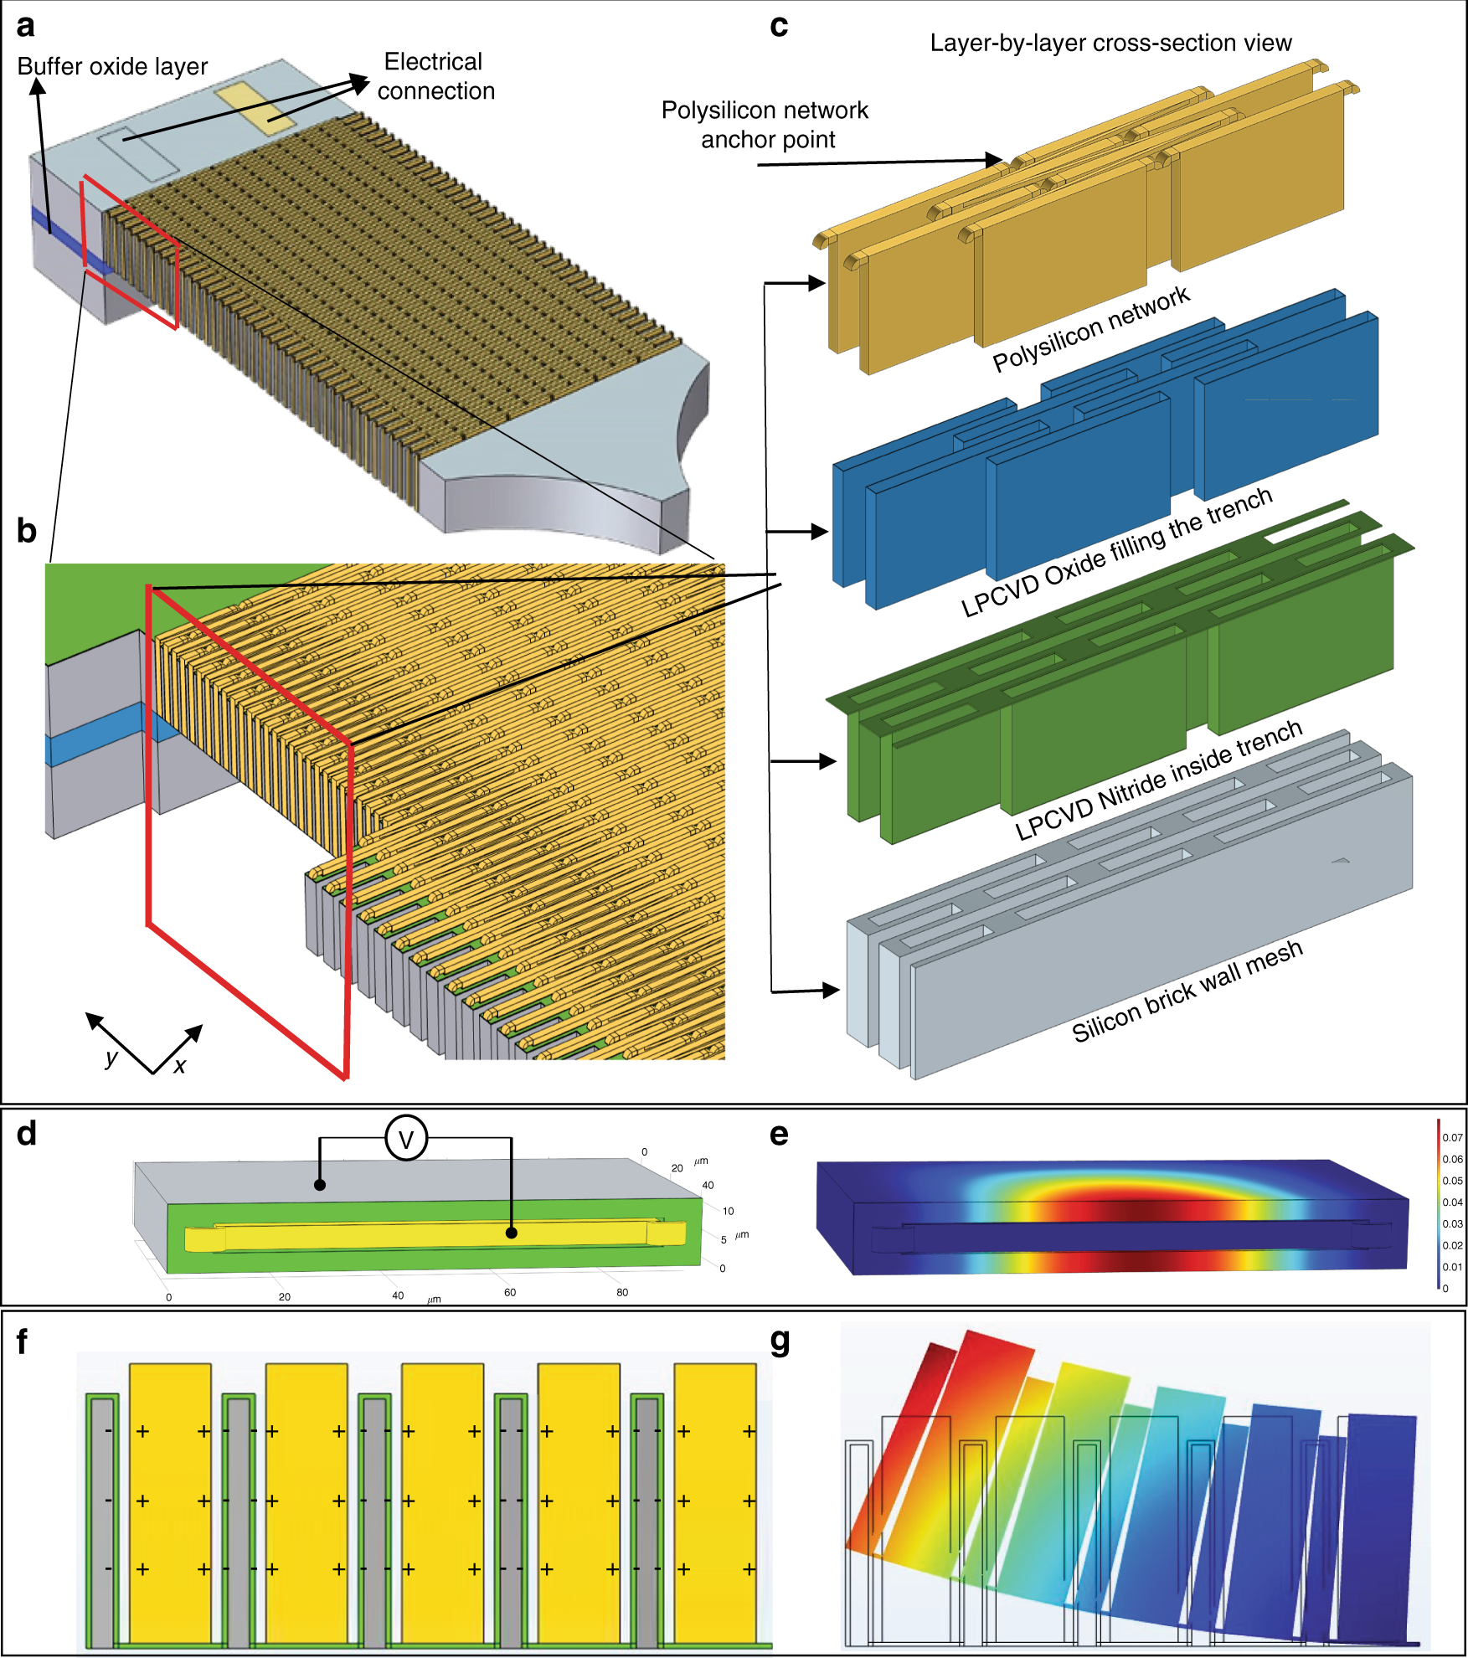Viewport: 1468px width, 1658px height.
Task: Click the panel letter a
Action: click(26, 26)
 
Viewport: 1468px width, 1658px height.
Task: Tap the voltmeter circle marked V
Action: click(406, 1138)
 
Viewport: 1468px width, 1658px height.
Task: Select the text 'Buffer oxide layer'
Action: click(112, 66)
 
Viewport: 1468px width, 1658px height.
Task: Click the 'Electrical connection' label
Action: click(435, 76)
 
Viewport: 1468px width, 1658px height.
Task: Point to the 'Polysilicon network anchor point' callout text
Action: click(765, 125)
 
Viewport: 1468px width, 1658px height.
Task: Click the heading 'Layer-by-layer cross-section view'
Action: click(1110, 43)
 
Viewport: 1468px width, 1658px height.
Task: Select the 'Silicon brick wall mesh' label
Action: click(1187, 991)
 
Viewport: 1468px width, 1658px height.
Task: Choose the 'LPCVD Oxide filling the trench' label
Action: click(1117, 553)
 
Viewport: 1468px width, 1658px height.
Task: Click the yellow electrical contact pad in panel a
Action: click(255, 108)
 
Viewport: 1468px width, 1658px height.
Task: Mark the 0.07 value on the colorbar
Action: click(1452, 1137)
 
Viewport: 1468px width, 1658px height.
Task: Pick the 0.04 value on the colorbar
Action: click(1452, 1202)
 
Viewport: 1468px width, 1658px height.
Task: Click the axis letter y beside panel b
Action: click(111, 1058)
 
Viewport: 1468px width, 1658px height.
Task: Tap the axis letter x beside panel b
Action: click(180, 1065)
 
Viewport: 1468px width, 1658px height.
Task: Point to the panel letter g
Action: click(780, 1342)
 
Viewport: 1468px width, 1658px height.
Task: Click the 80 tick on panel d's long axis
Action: click(622, 1292)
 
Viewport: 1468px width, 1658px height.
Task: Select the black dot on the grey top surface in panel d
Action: click(320, 1185)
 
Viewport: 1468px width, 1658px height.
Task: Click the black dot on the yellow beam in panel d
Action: click(512, 1233)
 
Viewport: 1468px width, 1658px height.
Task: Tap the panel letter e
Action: click(779, 1134)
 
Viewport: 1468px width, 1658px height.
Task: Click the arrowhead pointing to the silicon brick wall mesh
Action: click(831, 991)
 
